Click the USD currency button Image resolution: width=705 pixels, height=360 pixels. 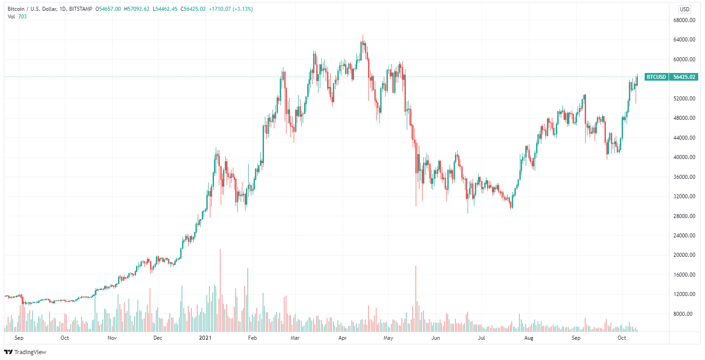685,9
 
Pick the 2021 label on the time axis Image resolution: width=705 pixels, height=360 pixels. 205,337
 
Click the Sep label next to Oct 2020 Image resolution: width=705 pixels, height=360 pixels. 18,337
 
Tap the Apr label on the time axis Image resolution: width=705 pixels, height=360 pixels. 342,337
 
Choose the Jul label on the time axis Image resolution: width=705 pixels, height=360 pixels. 482,337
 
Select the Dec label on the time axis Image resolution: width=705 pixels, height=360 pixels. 158,337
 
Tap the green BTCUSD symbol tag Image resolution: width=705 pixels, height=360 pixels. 656,77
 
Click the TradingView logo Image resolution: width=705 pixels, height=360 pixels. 25,352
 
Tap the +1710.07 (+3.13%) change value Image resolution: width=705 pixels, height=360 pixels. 231,9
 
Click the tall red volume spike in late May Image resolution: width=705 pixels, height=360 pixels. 415,300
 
